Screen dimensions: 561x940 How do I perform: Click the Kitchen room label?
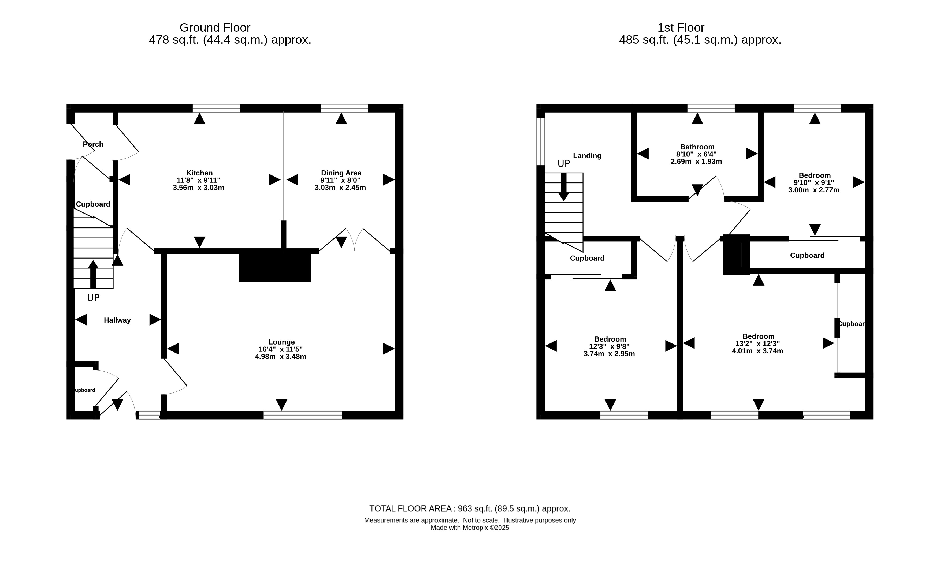coord(199,173)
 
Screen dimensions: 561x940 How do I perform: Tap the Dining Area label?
coord(341,173)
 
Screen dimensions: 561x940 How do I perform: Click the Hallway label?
coord(117,320)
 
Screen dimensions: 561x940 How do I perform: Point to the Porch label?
coord(93,144)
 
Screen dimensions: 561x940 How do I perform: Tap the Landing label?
coord(587,156)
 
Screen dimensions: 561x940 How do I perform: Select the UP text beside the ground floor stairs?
coord(93,298)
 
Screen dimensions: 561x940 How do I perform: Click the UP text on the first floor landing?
coord(563,164)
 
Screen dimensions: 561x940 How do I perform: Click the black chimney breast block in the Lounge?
coord(274,268)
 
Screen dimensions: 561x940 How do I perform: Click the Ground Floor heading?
coord(215,28)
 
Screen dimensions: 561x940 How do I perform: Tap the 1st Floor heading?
coord(681,28)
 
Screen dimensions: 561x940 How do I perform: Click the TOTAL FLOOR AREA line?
coord(470,509)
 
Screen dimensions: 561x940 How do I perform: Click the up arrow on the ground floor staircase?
coord(93,274)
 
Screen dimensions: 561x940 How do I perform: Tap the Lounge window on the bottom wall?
coord(303,415)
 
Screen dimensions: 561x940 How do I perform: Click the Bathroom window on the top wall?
coord(711,108)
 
